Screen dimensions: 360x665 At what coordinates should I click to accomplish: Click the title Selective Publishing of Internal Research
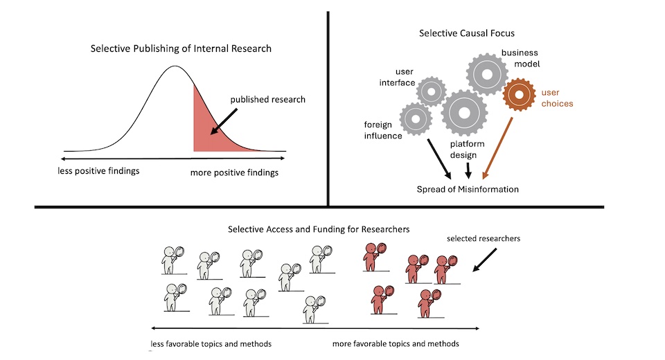click(181, 48)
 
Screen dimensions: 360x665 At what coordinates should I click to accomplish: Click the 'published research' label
click(267, 99)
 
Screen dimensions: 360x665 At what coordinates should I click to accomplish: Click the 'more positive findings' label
click(234, 172)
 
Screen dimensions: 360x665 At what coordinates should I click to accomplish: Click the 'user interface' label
click(395, 77)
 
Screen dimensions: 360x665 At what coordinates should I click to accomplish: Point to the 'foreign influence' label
click(383, 130)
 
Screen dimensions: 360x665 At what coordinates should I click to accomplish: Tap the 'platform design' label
click(467, 150)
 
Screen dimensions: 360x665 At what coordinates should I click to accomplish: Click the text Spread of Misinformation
click(468, 189)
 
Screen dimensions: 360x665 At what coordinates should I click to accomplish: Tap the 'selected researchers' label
click(484, 239)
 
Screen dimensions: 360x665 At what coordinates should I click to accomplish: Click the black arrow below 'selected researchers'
click(484, 259)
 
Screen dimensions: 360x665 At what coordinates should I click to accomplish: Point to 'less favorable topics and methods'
click(211, 344)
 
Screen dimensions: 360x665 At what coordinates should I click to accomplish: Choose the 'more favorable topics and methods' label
click(396, 344)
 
